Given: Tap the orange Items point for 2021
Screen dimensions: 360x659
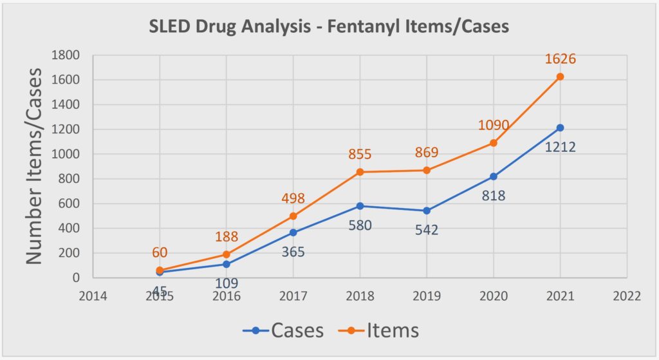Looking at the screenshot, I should point(560,77).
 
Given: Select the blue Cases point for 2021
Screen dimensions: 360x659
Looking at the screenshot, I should point(560,128).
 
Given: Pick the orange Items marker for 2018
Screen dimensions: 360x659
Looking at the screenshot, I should point(360,172).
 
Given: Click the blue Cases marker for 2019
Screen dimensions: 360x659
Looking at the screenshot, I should point(427,211).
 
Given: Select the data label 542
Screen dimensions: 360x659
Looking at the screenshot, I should point(425,229).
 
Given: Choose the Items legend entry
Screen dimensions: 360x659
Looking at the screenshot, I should point(380,330).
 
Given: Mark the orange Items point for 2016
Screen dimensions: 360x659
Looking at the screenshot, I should point(227,254).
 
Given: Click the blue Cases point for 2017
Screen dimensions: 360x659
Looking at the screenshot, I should point(293,232).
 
